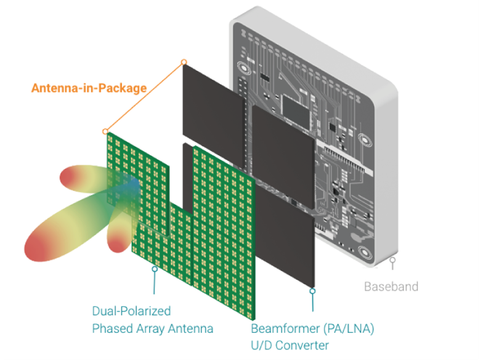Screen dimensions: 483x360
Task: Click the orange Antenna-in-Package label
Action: click(89, 88)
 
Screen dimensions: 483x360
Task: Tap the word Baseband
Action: click(391, 287)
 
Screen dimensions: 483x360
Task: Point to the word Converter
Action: click(302, 345)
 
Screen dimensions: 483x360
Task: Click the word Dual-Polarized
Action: click(131, 311)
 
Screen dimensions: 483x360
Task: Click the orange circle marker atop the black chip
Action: click(184, 62)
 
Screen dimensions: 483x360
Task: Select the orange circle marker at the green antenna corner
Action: click(105, 132)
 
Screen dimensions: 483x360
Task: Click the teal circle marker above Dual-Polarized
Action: click(155, 269)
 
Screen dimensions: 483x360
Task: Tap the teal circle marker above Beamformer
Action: click(312, 291)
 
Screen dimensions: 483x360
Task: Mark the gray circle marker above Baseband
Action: click(392, 260)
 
